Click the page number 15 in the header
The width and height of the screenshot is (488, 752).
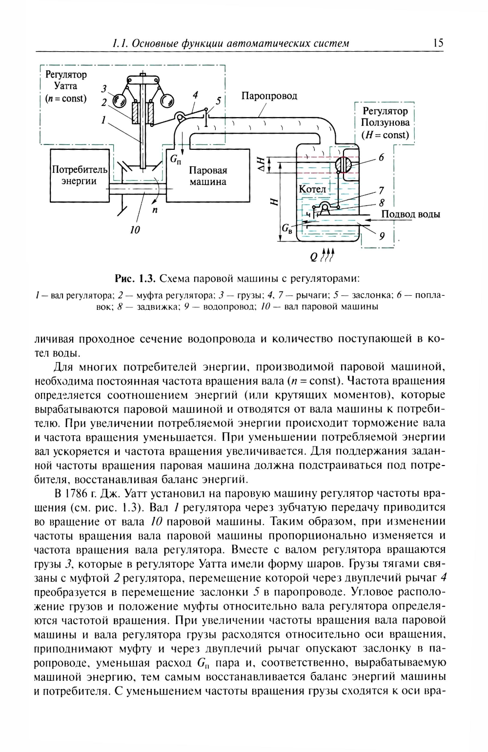coord(438,43)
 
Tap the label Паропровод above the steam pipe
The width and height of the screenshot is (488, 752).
coord(269,96)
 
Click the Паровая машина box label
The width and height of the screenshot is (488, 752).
coord(208,176)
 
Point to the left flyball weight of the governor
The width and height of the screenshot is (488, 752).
coord(119,101)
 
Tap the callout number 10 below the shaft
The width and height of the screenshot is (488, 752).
coord(135,229)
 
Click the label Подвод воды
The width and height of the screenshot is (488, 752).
coord(410,214)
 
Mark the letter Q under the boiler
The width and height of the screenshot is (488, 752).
coord(313,257)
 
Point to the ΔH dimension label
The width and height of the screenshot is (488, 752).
coord(262,163)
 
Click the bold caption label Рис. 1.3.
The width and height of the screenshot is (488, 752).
coord(135,279)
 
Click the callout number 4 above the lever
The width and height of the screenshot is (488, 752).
coord(195,94)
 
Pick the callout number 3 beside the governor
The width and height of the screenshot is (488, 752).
coord(103,89)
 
